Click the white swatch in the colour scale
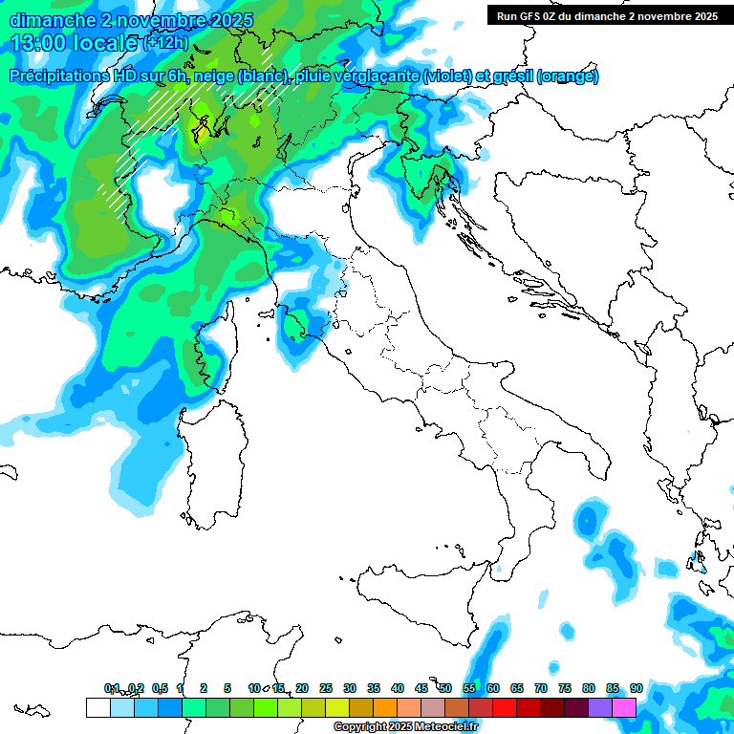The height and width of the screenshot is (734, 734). pos(97,707)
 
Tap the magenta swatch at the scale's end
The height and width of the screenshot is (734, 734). pos(624,707)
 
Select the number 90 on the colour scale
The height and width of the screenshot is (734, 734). pos(637,688)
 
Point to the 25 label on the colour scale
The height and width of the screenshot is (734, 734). pos(326,688)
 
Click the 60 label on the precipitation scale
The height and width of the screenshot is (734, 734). pos(493,688)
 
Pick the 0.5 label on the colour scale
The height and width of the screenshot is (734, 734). pos(160,688)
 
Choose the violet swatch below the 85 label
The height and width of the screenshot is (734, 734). pos(600,707)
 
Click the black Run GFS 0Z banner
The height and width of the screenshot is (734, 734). pos(608,15)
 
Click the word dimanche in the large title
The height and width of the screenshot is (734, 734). pos(48,20)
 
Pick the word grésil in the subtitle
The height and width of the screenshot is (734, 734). pos(514,76)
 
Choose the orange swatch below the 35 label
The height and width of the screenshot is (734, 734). pos(385,707)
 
